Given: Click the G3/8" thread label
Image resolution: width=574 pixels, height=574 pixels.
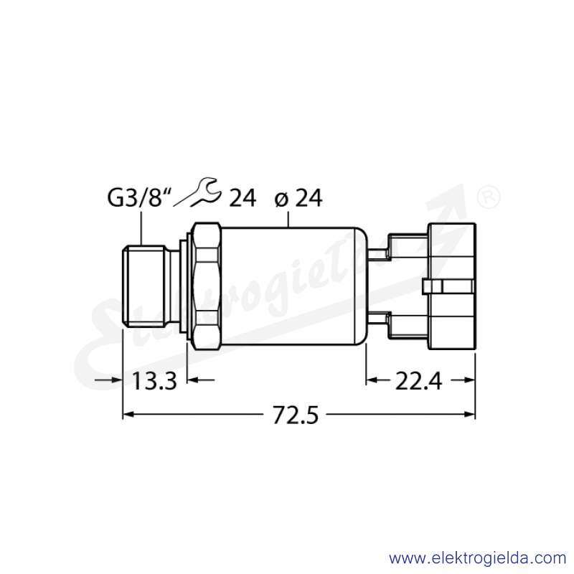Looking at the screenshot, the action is click(x=139, y=198).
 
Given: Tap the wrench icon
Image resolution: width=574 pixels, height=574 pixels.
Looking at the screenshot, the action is click(x=198, y=192).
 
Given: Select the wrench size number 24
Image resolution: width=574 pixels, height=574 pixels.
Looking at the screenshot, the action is click(x=243, y=198).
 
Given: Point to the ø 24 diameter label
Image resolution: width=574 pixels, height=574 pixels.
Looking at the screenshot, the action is click(x=298, y=198).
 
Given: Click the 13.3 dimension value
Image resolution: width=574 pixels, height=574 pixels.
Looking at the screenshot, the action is click(x=154, y=381).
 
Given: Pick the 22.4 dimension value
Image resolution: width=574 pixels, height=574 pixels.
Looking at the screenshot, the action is click(x=419, y=381).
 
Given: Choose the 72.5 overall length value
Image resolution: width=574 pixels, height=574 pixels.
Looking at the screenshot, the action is click(x=296, y=415).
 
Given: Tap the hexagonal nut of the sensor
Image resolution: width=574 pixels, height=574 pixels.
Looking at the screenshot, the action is click(x=207, y=286).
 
